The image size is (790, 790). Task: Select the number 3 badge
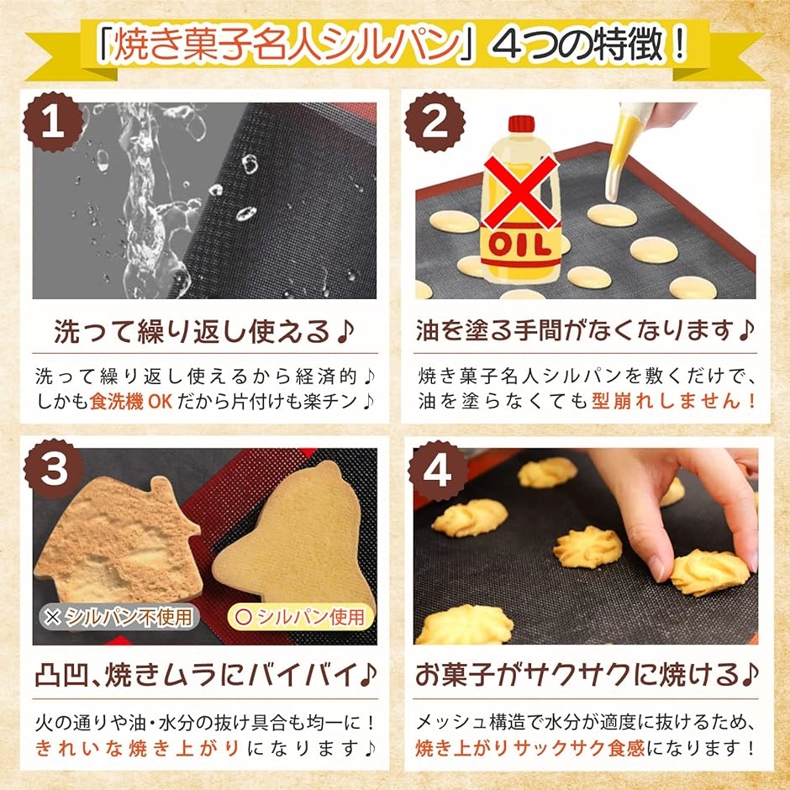click(54, 471)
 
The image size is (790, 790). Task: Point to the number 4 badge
click(435, 471)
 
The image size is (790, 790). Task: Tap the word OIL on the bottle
click(520, 246)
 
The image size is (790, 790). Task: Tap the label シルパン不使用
click(120, 618)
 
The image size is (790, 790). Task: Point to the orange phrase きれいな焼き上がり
click(139, 747)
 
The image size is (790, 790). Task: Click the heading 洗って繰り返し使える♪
click(204, 332)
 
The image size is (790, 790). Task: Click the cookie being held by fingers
click(708, 571)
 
